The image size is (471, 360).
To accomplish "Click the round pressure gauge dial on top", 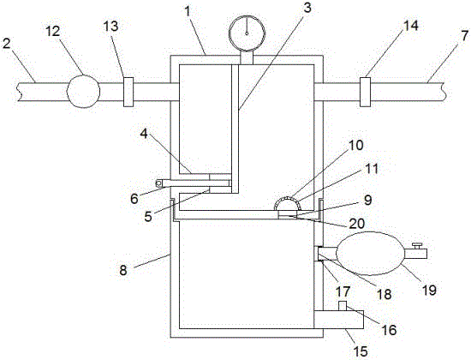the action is click(247, 33).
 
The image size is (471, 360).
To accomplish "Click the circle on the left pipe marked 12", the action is click(83, 91).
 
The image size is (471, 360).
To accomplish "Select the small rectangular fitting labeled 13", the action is click(128, 92).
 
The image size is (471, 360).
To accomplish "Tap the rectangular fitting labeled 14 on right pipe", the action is click(366, 92).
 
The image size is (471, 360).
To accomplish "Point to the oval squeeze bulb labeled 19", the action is click(371, 253).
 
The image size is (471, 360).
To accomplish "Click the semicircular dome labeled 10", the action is click(288, 202).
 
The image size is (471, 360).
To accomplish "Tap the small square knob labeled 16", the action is click(343, 306).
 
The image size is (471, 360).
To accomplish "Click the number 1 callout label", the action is click(188, 12).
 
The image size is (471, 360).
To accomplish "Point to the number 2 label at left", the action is click(6, 44).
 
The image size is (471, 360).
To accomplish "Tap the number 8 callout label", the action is click(123, 270).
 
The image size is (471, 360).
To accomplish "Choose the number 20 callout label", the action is click(356, 223).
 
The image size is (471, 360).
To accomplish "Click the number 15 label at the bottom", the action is click(361, 351).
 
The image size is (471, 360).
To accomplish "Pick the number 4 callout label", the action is click(144, 134).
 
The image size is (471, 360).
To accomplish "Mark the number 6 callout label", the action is click(134, 199).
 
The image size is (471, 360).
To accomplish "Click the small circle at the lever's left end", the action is click(158, 183).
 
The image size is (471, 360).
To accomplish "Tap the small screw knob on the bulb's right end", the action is click(417, 246).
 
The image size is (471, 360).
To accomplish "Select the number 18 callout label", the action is click(385, 294).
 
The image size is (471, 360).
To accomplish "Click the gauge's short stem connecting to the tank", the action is click(247, 57).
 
